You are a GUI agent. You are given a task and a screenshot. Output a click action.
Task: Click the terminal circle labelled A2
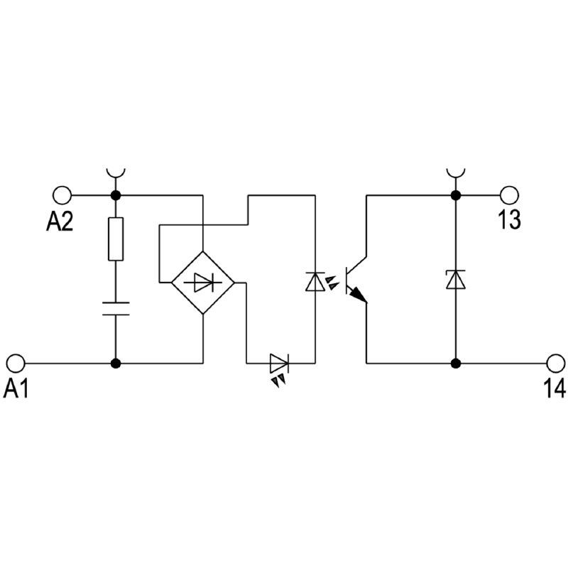pos(62,195)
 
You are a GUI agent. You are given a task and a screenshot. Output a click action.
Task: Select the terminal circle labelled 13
pos(509,195)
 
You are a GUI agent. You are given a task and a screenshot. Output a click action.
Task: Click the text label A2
pos(60,222)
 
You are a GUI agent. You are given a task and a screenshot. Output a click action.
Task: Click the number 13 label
pos(508,221)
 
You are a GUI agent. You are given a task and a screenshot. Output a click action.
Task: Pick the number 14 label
pos(555,389)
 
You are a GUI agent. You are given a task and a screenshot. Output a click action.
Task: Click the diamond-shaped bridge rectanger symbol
pos(203,283)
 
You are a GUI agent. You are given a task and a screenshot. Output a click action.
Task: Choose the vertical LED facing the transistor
pos(315,282)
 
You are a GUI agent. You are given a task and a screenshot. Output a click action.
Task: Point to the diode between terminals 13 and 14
pos(454,279)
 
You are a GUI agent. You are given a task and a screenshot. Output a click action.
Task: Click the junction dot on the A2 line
pos(115,195)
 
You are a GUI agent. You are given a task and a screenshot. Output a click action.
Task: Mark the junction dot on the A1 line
pos(115,363)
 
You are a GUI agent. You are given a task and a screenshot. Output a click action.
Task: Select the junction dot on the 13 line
pos(454,195)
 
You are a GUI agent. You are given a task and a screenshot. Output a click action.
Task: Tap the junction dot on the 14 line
pos(454,363)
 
